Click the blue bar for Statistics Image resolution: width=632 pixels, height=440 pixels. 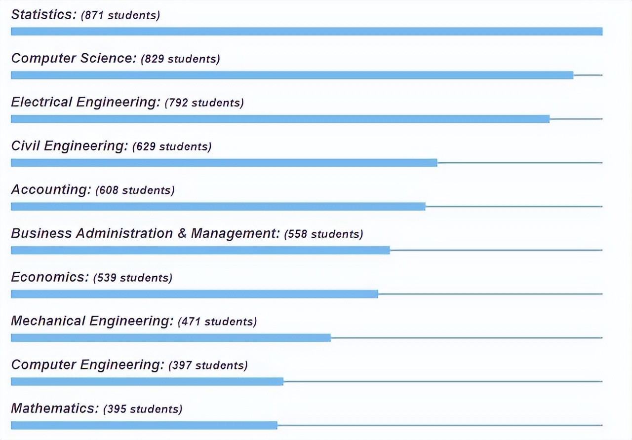point(306,32)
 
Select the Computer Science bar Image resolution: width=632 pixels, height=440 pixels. point(292,75)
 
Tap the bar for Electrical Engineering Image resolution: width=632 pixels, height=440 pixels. point(280,119)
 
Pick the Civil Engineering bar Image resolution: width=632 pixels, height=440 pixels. point(224,163)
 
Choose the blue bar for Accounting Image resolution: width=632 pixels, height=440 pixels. point(218,206)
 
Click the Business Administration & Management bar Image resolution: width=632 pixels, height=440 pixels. point(200,250)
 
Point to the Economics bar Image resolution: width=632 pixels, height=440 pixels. point(194,294)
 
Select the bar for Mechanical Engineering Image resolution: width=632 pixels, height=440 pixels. point(170,338)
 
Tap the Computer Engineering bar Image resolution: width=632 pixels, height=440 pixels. point(147,381)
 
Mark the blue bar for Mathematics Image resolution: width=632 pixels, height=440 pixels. point(144,425)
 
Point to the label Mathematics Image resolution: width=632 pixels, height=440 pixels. point(55,408)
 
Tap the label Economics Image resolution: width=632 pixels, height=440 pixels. point(50,277)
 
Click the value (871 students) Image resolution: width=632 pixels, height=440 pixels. point(120,15)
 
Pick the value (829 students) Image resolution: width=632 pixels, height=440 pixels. point(180,59)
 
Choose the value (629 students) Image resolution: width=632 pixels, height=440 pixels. point(172,147)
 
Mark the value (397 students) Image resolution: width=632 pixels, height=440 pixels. point(208,366)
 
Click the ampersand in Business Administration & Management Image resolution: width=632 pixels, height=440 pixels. point(182,234)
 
